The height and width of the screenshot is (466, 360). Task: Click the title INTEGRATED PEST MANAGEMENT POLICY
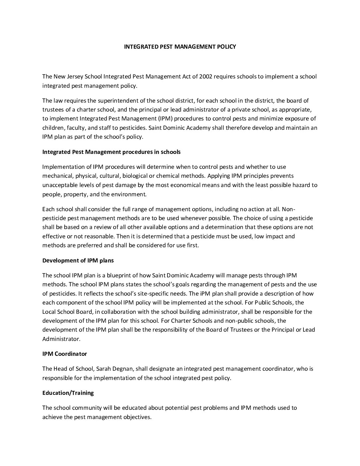click(x=180, y=47)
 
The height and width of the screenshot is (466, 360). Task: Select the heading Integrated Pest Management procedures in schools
click(x=112, y=152)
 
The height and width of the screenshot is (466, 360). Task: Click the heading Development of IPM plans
click(x=78, y=260)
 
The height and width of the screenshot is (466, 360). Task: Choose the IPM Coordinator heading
click(x=65, y=354)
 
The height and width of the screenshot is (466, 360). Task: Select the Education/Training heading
click(x=68, y=393)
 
